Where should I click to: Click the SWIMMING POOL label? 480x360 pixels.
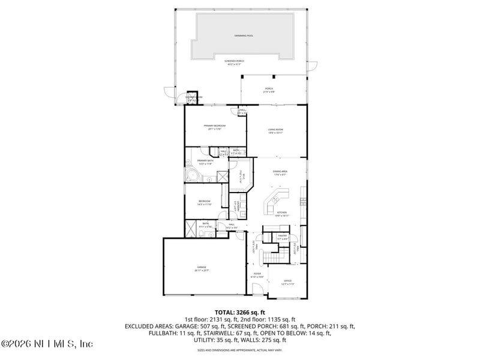[x=244, y=36]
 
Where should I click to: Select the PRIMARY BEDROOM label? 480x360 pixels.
[x=214, y=127]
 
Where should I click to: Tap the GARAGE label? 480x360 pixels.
[x=201, y=269]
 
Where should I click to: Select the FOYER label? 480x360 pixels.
[x=256, y=275]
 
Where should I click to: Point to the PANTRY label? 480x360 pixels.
[x=282, y=237]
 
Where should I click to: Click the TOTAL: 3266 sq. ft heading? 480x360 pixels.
[x=240, y=313]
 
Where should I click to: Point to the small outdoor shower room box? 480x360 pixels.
[x=191, y=98]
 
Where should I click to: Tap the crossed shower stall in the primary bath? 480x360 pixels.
[x=222, y=176]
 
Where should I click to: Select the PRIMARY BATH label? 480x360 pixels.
[x=205, y=162]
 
